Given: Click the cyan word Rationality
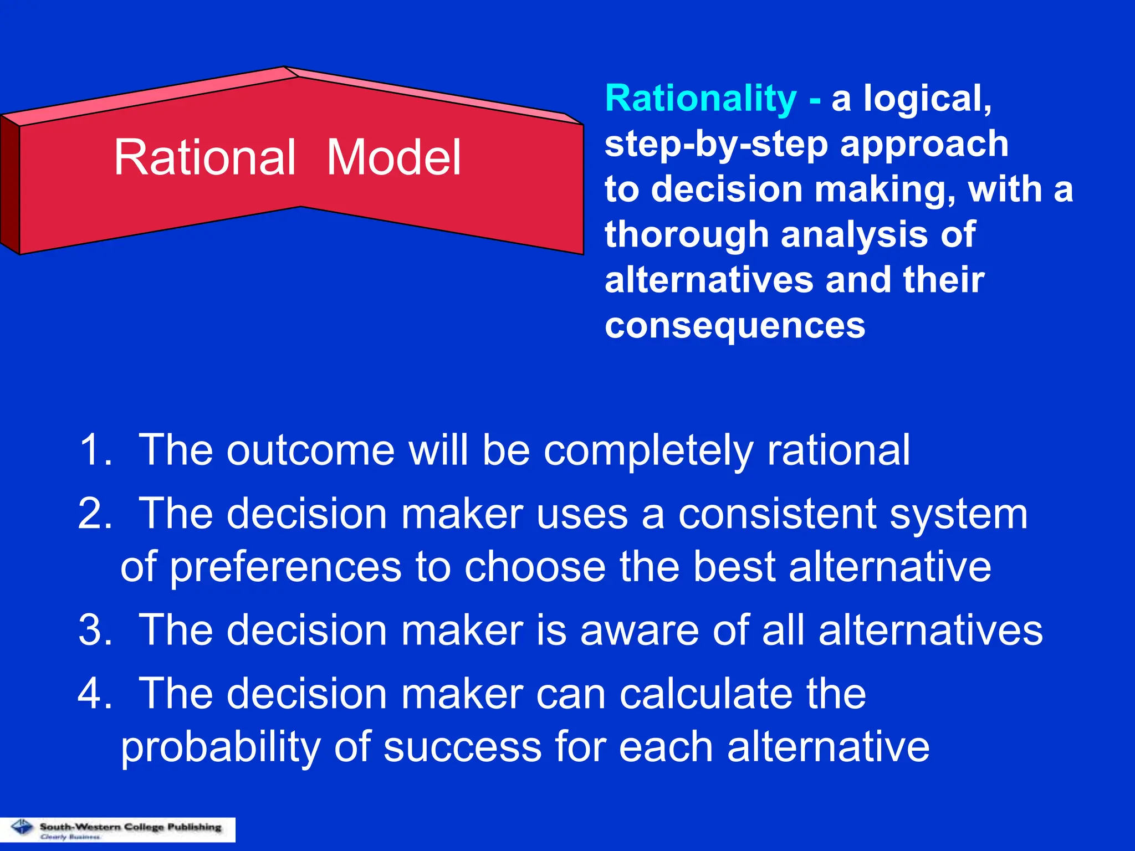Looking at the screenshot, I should [x=701, y=99].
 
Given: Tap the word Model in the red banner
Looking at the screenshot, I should [x=393, y=158].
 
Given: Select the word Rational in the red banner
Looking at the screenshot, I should [x=204, y=158].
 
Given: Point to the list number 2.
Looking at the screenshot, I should [x=94, y=514].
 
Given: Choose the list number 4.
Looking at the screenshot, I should [x=94, y=694].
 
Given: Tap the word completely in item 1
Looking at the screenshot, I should [x=648, y=450].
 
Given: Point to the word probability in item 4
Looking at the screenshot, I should [x=221, y=747].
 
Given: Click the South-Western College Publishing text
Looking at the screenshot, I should [x=130, y=827].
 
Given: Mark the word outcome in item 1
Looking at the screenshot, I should [x=310, y=450].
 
